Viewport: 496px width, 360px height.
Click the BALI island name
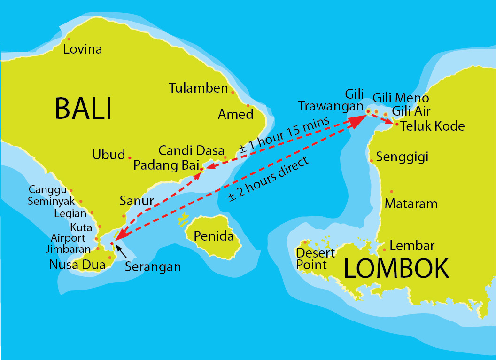point(84,109)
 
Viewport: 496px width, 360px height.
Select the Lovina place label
point(83,49)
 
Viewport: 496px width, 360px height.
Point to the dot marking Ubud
point(130,157)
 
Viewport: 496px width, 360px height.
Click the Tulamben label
point(198,88)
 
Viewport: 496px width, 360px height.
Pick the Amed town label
point(235,114)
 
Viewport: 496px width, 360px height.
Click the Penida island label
point(214,235)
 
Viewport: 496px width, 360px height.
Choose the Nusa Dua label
point(77,265)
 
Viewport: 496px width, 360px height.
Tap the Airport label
point(68,238)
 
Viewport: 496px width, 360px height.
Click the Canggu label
point(47,190)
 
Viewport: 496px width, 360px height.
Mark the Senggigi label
point(403,157)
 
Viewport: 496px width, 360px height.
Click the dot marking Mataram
point(392,192)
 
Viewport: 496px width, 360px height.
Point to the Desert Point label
point(315,259)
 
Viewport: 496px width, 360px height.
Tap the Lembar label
point(412,245)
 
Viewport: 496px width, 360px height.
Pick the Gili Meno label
point(401,98)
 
